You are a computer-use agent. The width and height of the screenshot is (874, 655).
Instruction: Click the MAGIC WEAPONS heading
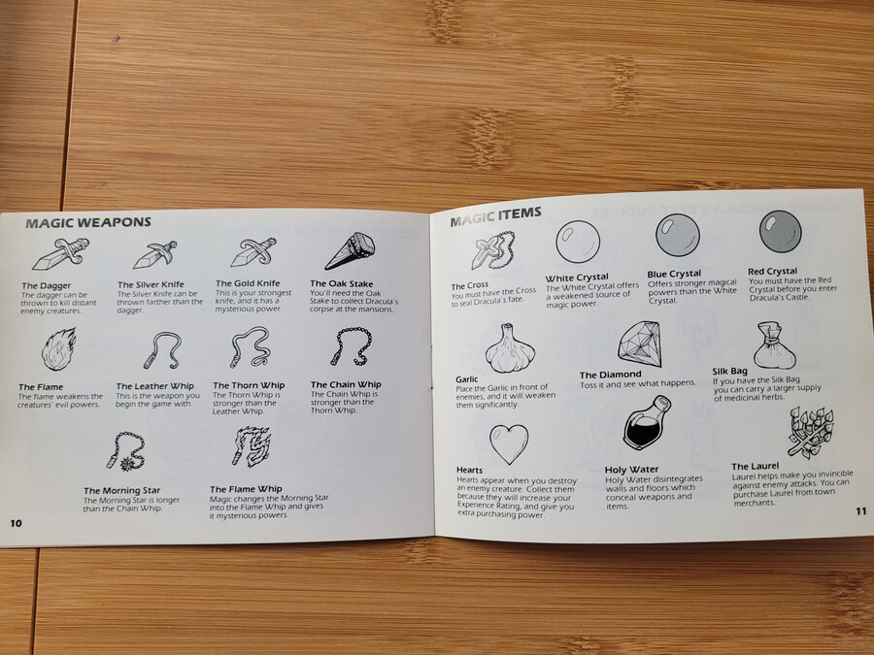coord(88,223)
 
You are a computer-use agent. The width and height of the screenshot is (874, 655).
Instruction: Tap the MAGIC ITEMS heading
coord(495,215)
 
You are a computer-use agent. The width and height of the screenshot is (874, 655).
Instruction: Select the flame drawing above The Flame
coord(58,349)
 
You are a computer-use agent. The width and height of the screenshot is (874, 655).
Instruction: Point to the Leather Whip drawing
coord(163,350)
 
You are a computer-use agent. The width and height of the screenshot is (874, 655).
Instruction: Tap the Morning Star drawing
coord(126,451)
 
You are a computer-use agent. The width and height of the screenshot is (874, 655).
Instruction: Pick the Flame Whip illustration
coord(252,446)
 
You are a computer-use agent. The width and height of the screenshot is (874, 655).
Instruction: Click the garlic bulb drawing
coord(510,348)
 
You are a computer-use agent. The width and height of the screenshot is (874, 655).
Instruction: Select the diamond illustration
coord(639,344)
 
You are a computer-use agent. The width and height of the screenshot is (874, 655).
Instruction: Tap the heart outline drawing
coord(508,443)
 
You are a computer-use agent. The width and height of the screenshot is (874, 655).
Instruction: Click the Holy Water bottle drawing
coord(647,423)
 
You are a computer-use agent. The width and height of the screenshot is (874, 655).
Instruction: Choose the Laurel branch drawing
coord(811,432)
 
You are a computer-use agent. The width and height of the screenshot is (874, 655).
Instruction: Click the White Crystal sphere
coord(578,242)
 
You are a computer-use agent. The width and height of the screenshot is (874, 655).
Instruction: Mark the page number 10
coord(16,523)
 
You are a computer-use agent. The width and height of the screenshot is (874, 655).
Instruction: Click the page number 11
coord(861,510)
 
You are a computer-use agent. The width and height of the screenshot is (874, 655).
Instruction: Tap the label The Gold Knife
coord(248,283)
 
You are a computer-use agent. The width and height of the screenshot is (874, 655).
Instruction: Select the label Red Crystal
coord(773,272)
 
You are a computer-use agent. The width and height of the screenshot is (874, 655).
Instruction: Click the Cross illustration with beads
coord(492,250)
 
